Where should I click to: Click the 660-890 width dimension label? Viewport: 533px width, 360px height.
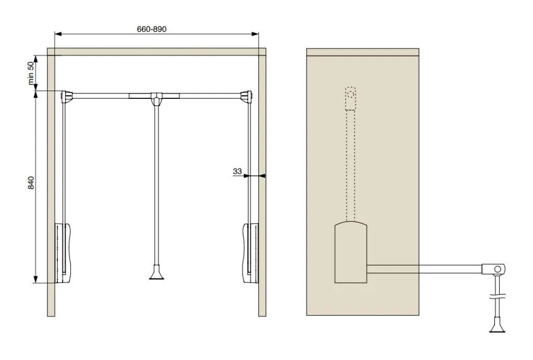[x=151, y=29]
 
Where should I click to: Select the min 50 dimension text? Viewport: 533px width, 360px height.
[x=31, y=73]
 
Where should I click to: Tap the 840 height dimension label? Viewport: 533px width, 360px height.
[x=31, y=183]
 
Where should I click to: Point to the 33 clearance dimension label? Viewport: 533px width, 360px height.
[x=237, y=172]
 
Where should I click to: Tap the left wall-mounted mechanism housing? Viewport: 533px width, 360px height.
[x=63, y=253]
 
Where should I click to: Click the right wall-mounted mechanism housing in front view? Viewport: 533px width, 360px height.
[x=250, y=253]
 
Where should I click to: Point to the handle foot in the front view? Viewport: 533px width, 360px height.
[x=156, y=273]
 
